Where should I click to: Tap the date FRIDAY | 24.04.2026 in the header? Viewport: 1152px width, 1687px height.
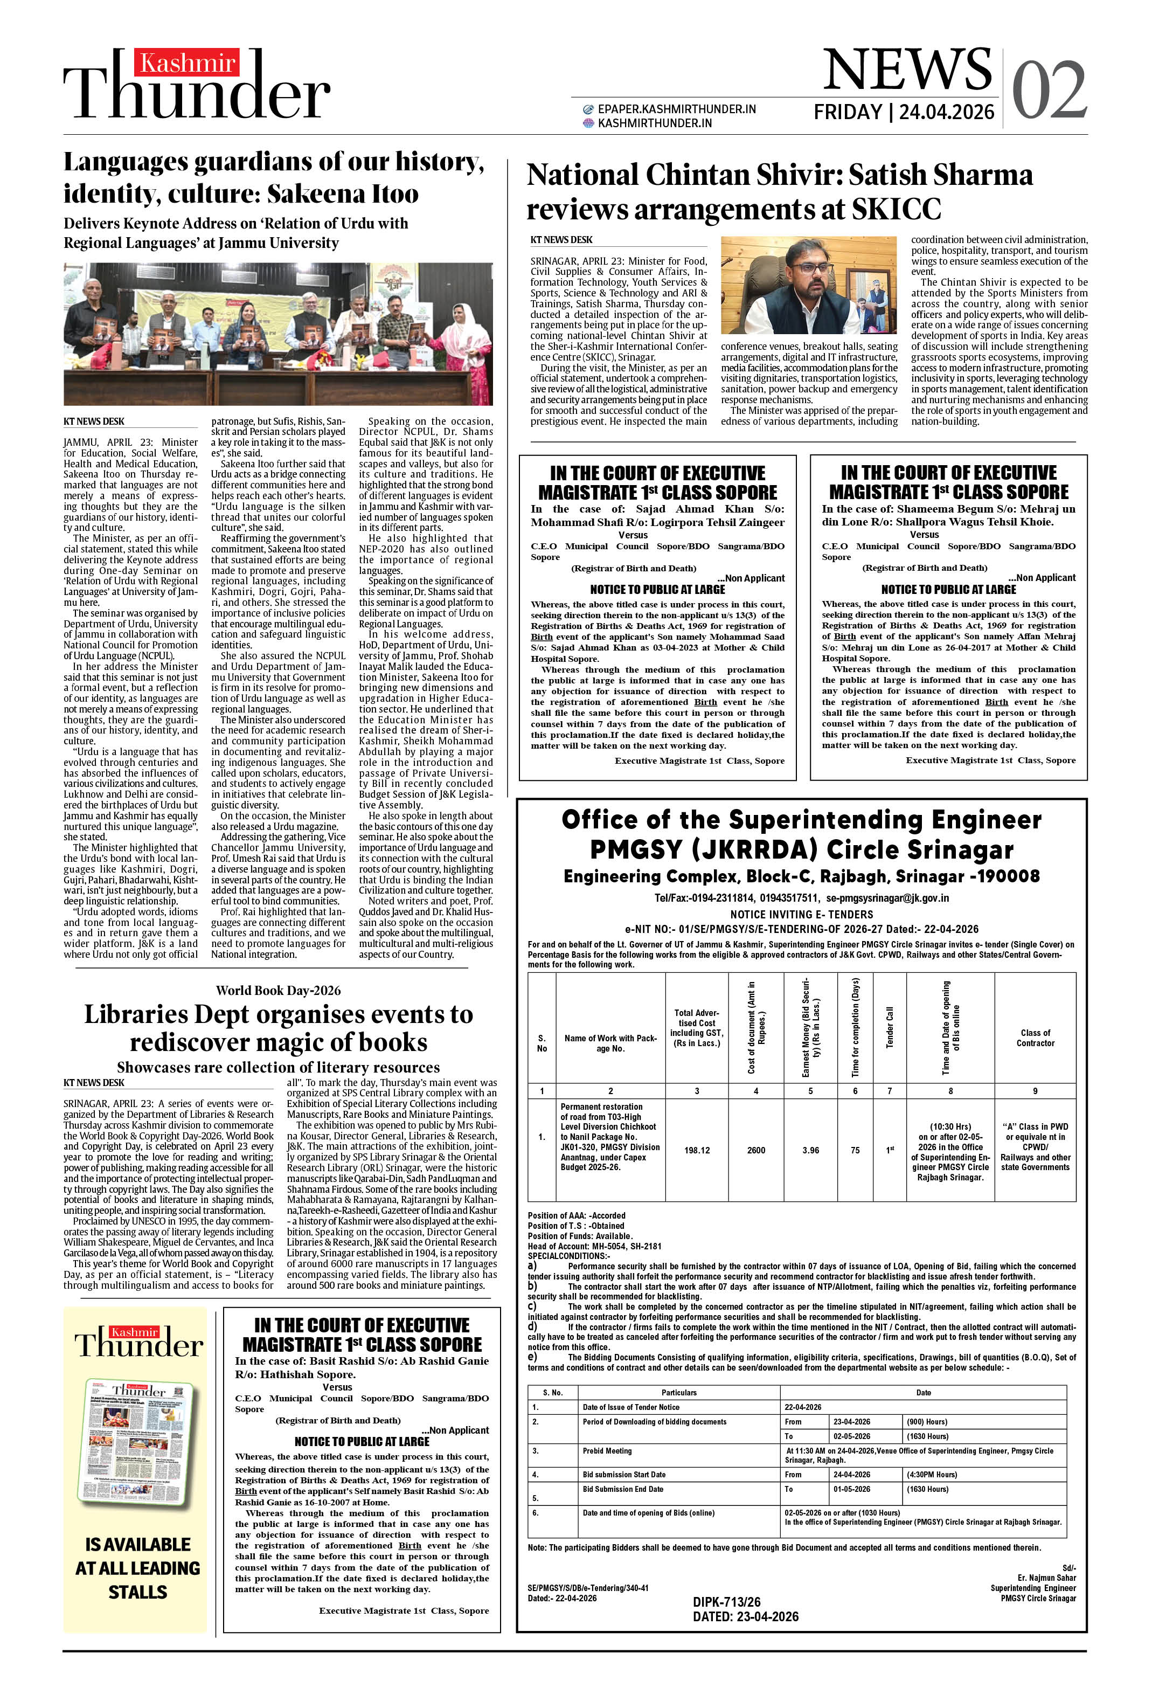click(x=904, y=112)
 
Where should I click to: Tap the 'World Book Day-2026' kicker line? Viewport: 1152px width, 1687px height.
click(x=278, y=990)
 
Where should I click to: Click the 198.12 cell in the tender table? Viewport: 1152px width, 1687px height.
click(x=697, y=1150)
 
